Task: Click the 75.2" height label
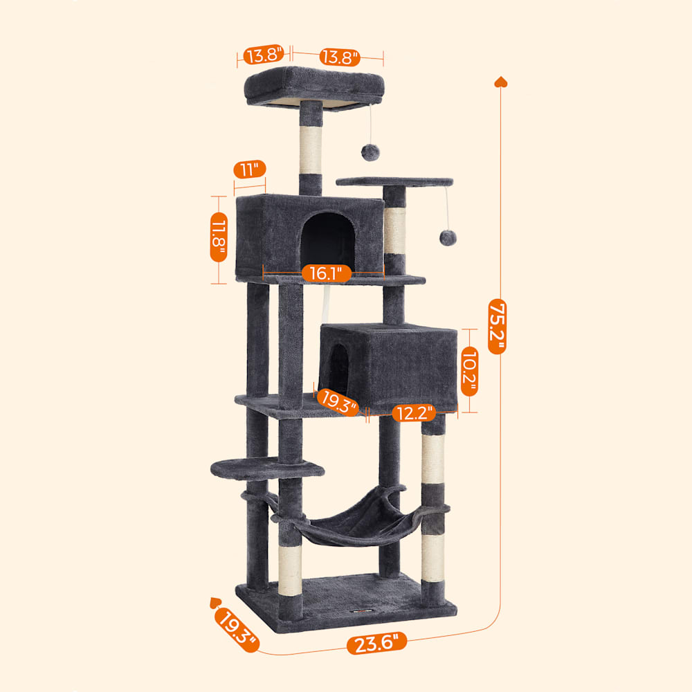tap(497, 326)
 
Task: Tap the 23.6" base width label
tap(376, 643)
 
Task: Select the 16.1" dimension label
tap(326, 273)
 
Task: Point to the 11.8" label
tap(219, 237)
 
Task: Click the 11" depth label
tap(250, 169)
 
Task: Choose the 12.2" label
tap(414, 413)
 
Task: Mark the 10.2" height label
tap(470, 371)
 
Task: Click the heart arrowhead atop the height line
tap(500, 82)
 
